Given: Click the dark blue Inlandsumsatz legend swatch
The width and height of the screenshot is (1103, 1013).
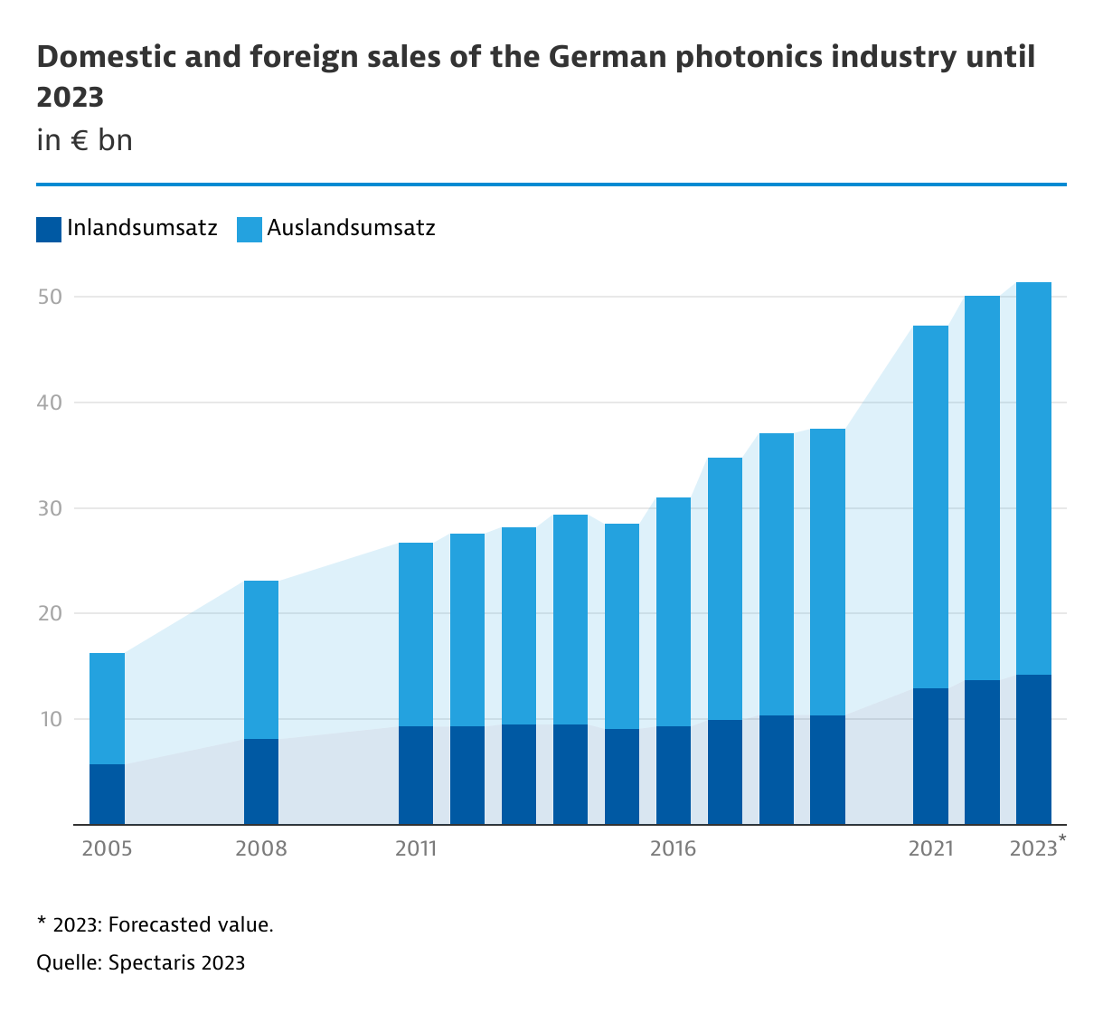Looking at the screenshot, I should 49,229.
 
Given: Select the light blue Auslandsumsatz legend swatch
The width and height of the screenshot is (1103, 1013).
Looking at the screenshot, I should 250,229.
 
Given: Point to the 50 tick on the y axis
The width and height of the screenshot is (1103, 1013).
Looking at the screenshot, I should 49,297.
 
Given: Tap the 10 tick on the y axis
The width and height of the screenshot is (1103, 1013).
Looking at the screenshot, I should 49,720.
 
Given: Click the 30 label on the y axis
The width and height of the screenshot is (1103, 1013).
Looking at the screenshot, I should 49,508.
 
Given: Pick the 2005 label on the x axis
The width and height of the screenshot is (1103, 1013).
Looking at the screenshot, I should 107,849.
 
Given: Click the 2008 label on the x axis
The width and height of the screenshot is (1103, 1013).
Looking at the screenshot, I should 261,849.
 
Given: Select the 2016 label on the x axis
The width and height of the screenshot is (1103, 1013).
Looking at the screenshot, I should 674,849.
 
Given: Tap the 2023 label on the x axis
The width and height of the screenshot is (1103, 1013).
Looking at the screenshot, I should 1032,849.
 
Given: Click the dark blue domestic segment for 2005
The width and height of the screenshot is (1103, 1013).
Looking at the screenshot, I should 107,794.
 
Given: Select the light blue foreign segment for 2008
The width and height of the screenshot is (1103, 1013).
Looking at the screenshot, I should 261,659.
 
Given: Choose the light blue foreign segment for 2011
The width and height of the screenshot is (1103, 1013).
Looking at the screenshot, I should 416,634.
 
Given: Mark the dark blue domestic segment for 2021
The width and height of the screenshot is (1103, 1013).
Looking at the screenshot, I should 930,756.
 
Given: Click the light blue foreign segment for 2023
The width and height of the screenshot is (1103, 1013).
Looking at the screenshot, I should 1033,478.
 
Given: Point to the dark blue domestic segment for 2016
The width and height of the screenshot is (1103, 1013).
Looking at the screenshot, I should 674,775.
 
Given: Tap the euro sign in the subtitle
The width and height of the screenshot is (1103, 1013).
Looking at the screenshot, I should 80,141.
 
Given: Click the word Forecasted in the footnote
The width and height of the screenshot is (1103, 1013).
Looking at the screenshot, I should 162,925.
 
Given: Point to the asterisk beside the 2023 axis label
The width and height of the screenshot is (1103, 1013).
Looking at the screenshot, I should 1061,840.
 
